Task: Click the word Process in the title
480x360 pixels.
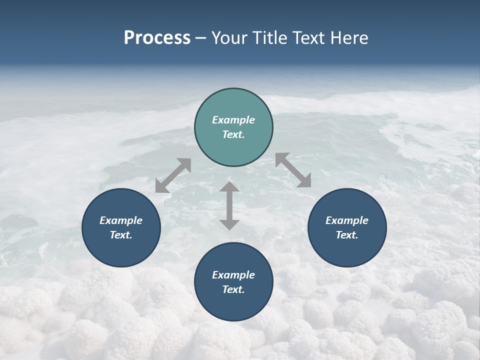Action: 157,38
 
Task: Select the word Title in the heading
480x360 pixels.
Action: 272,38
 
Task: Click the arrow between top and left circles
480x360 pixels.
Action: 173,175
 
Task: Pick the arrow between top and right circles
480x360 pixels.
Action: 293,170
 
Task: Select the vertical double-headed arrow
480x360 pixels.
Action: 229,205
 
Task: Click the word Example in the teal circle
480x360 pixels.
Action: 233,120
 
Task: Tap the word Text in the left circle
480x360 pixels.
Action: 121,235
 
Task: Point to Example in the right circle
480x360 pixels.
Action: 347,220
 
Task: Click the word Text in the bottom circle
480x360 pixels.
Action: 233,289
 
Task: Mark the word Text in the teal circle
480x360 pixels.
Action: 233,134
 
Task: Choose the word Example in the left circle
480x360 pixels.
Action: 121,220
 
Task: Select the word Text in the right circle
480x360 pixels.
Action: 347,235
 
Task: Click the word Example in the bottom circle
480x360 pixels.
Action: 233,275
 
